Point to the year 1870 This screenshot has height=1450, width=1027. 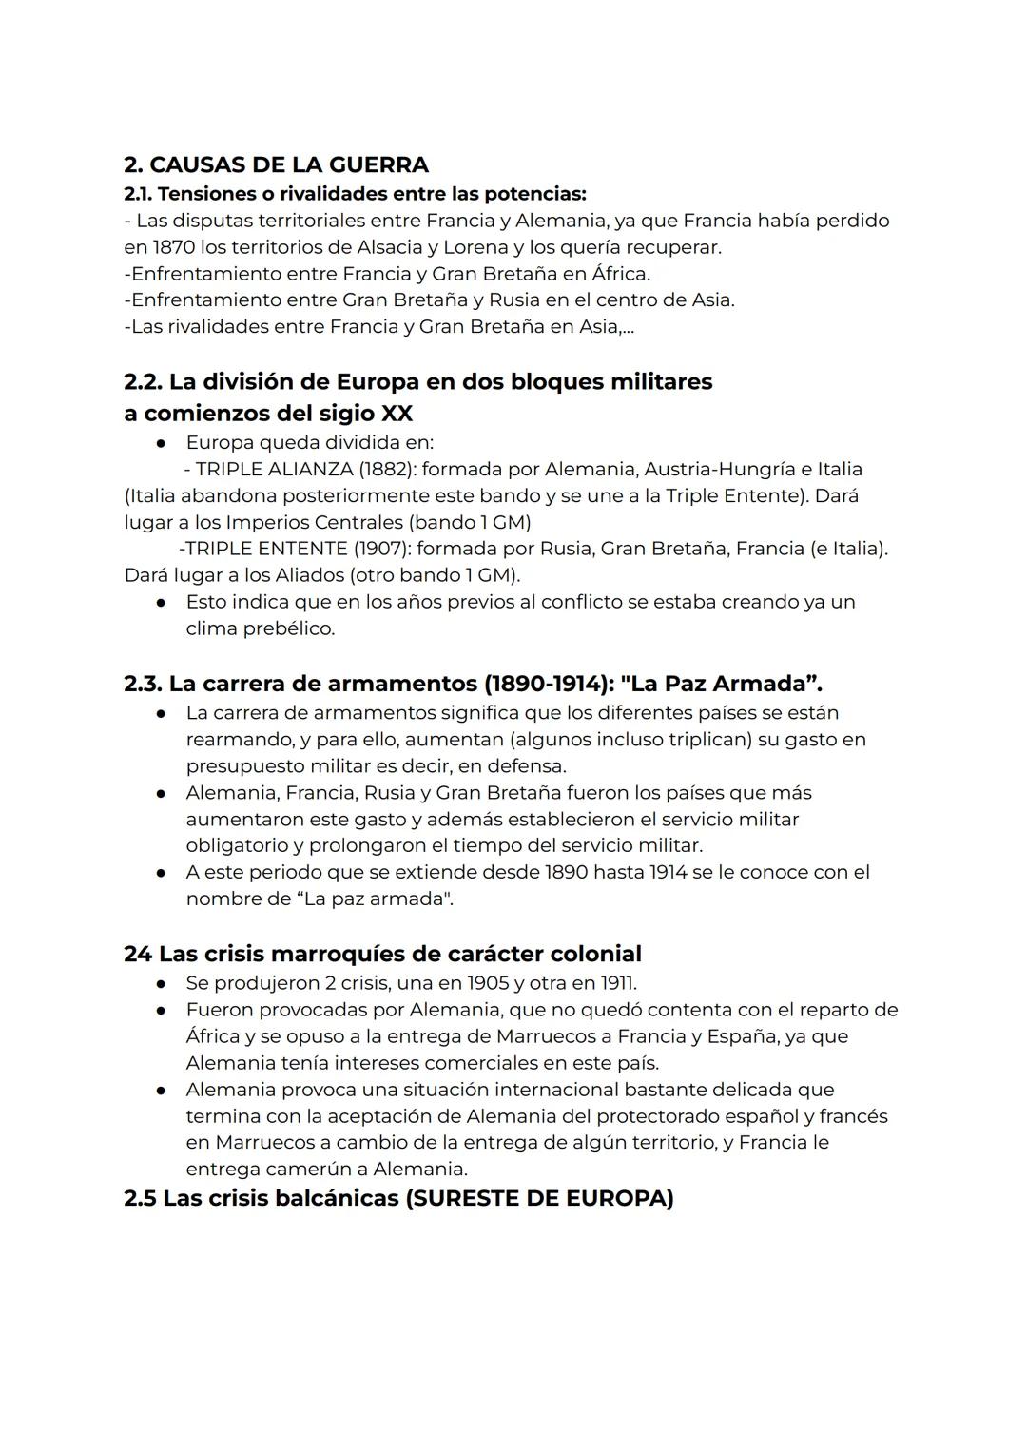click(171, 247)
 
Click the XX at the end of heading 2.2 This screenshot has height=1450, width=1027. click(397, 414)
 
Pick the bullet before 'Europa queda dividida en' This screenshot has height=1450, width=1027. click(164, 443)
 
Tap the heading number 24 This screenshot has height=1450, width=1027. click(138, 954)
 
